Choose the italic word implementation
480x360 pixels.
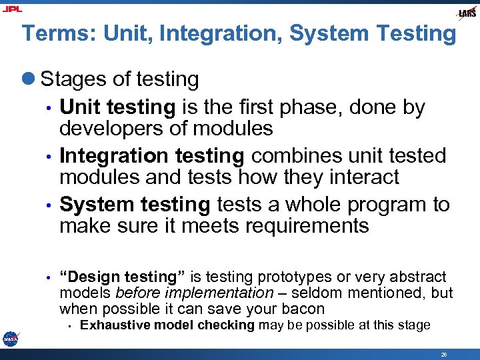228,293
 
